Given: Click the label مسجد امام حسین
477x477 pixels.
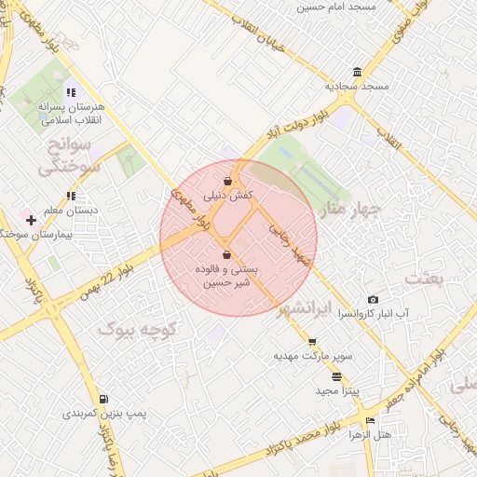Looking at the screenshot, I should (334, 7).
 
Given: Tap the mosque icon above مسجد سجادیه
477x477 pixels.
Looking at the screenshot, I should (358, 73).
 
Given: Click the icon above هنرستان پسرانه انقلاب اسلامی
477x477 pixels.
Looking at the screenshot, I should (71, 92).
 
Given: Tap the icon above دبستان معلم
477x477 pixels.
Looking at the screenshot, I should (71, 196).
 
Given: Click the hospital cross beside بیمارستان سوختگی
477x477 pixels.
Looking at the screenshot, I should (32, 221).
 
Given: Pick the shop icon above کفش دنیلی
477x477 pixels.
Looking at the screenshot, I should (228, 182).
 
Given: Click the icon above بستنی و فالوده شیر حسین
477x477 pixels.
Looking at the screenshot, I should (226, 253).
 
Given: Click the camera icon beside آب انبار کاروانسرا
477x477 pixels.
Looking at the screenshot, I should (373, 299).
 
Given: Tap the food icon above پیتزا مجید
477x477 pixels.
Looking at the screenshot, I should (335, 376).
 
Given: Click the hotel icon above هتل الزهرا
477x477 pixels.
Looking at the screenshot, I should (371, 421).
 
